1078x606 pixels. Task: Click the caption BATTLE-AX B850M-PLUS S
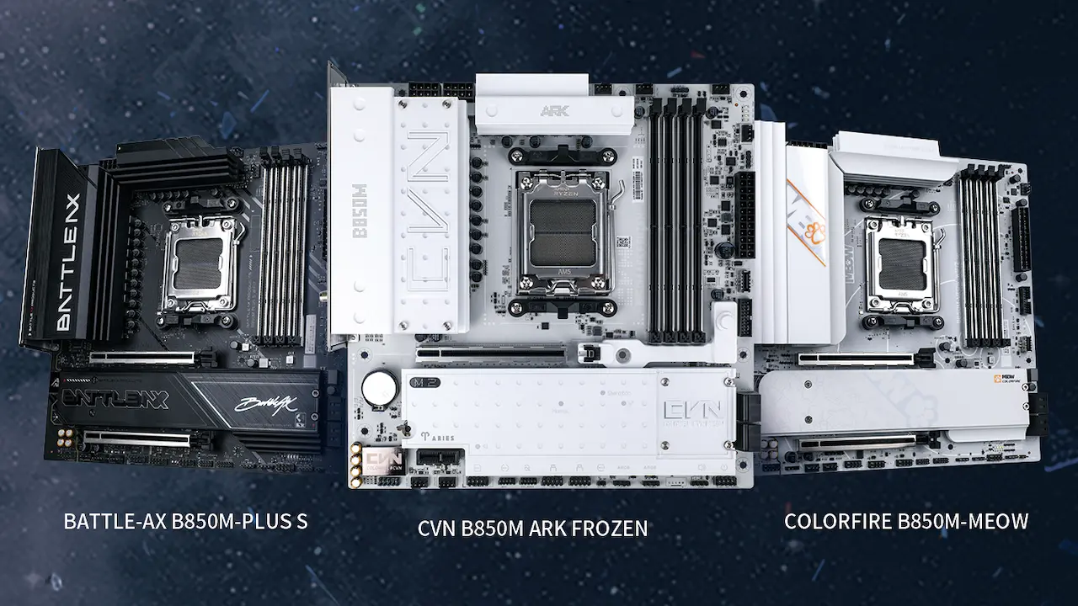[x=185, y=522]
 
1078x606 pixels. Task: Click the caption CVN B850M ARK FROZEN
[x=532, y=529]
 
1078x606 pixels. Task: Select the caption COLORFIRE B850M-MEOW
[x=905, y=522]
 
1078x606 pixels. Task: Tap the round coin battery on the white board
[x=380, y=388]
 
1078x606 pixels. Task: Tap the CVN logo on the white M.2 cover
[x=692, y=415]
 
